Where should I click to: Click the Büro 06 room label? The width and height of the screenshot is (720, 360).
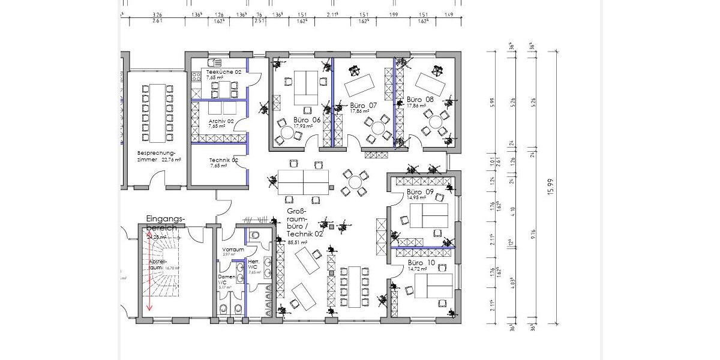pyautogui.click(x=307, y=119)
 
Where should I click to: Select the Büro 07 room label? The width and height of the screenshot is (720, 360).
pyautogui.click(x=364, y=105)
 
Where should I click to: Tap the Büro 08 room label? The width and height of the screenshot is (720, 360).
pyautogui.click(x=420, y=99)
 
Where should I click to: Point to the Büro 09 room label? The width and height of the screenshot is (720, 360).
pyautogui.click(x=421, y=191)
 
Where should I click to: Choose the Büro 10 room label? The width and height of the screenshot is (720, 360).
pyautogui.click(x=421, y=263)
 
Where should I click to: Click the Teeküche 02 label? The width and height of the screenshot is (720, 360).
pyautogui.click(x=223, y=71)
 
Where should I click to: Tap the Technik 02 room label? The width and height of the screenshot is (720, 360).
pyautogui.click(x=223, y=160)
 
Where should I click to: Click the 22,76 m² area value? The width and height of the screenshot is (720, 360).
pyautogui.click(x=171, y=160)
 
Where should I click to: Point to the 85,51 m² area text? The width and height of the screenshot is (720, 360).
pyautogui.click(x=297, y=242)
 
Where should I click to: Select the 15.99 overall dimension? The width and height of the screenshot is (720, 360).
pyautogui.click(x=549, y=187)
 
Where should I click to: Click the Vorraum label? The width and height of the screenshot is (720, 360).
pyautogui.click(x=233, y=250)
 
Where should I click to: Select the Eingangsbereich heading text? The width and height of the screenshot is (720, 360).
pyautogui.click(x=166, y=223)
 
